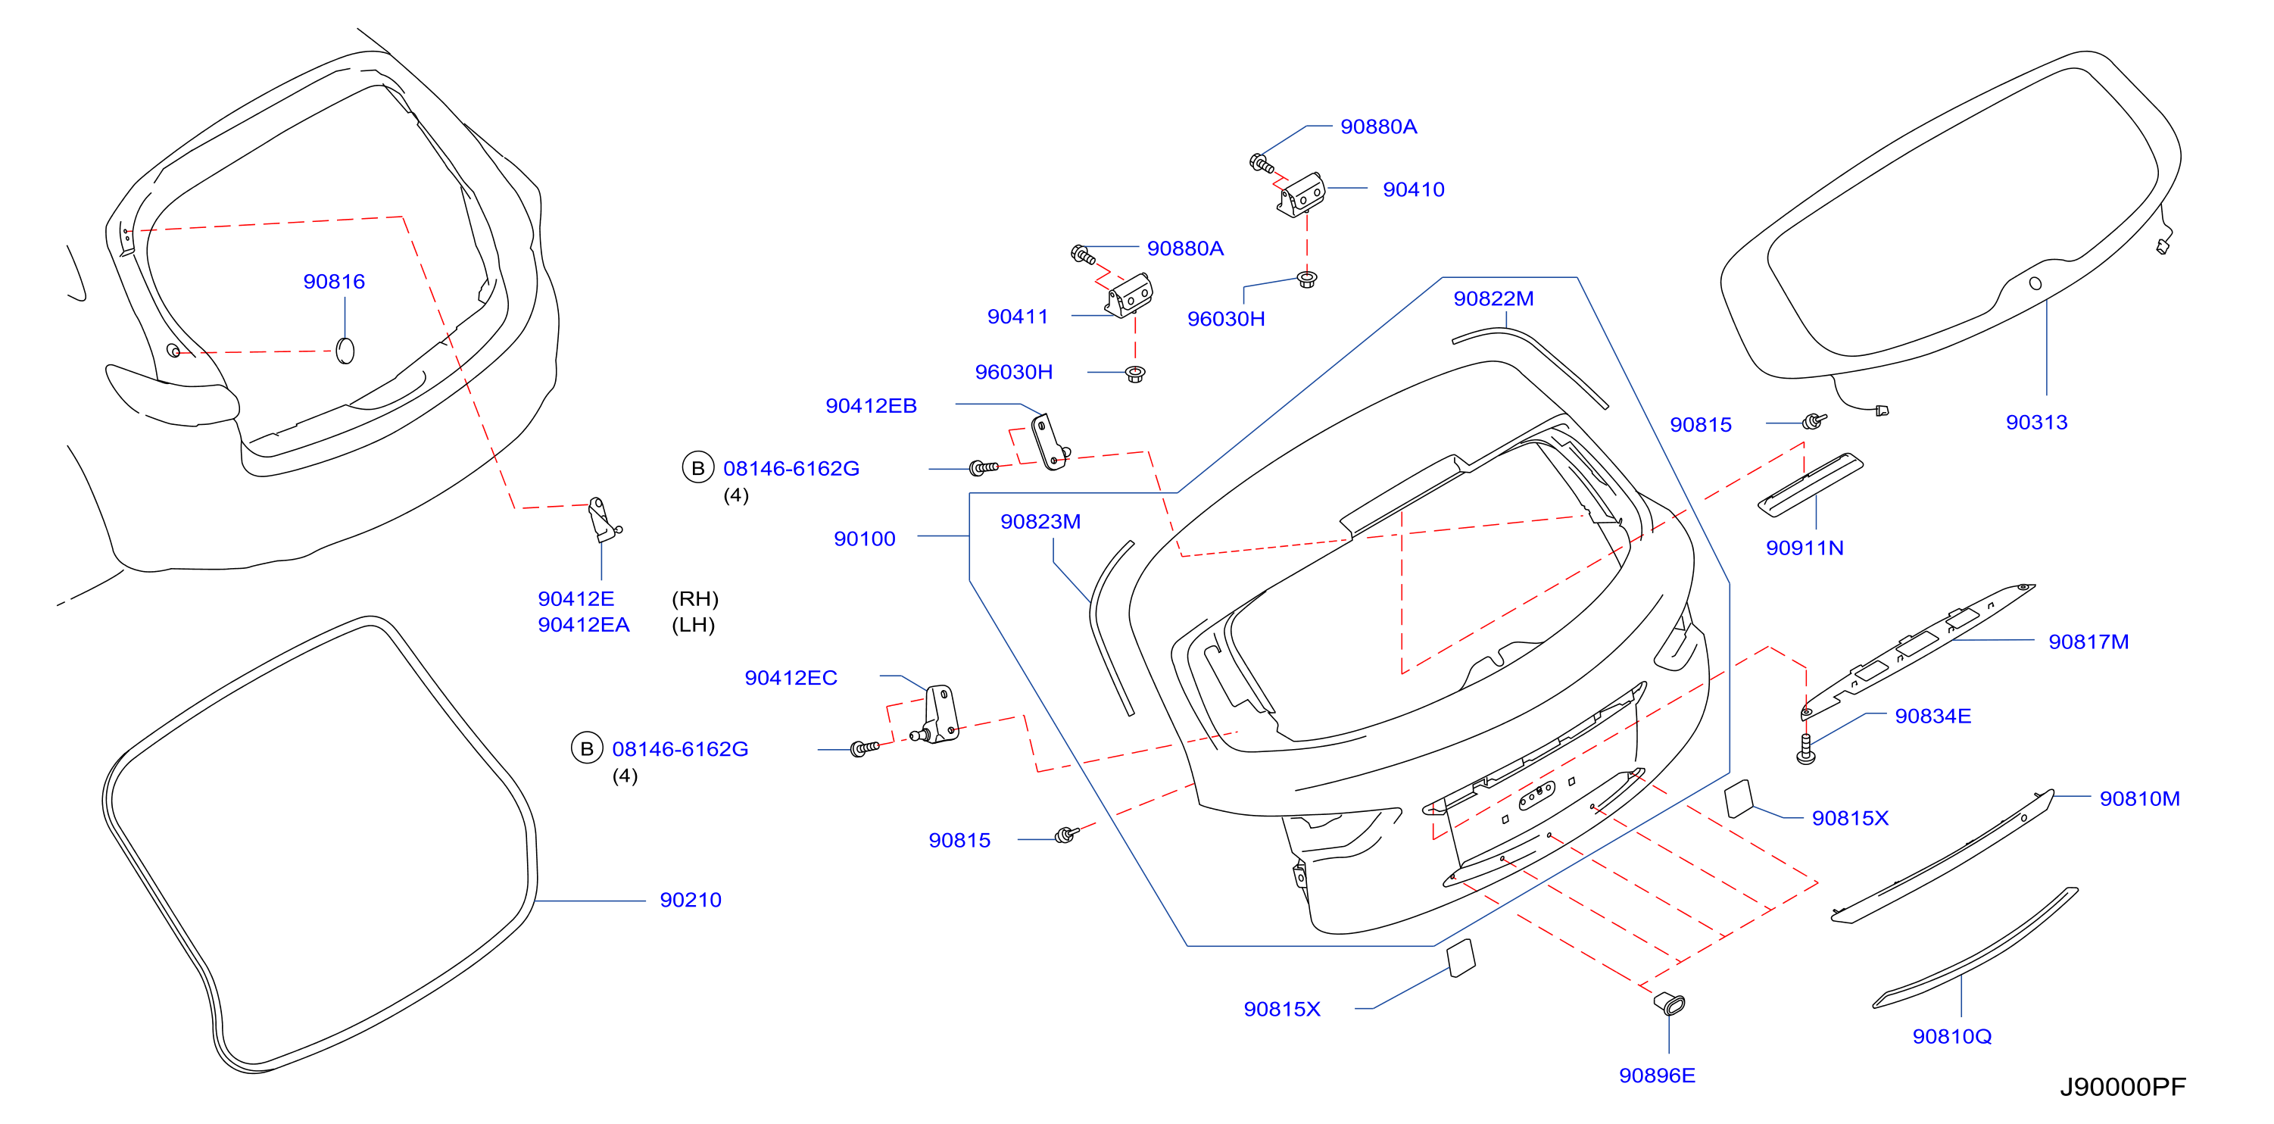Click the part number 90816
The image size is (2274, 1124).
(334, 282)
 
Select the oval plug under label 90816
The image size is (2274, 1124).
(346, 351)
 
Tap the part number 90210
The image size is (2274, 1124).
(691, 900)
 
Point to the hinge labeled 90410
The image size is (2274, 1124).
(1300, 196)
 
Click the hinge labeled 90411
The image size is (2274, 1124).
(1128, 296)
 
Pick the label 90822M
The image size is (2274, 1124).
(1493, 298)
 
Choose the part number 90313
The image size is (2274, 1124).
(2036, 422)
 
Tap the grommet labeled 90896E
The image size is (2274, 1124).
(1669, 1003)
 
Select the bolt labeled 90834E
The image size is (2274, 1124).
(1806, 749)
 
